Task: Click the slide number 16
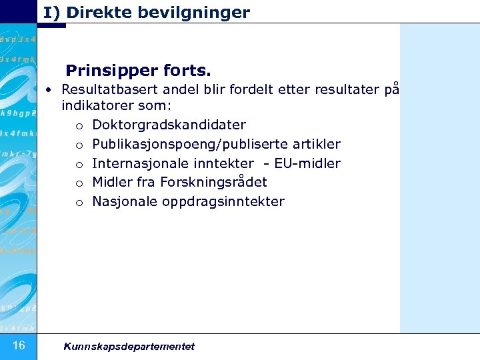click(x=19, y=345)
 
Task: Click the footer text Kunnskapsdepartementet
click(x=129, y=346)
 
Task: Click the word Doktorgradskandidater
click(x=169, y=125)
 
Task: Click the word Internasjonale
click(x=138, y=163)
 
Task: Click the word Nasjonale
click(x=125, y=201)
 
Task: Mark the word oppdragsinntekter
click(x=223, y=201)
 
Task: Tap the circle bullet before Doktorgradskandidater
click(x=79, y=126)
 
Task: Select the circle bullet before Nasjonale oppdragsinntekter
click(x=79, y=203)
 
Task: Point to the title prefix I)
click(x=51, y=12)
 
